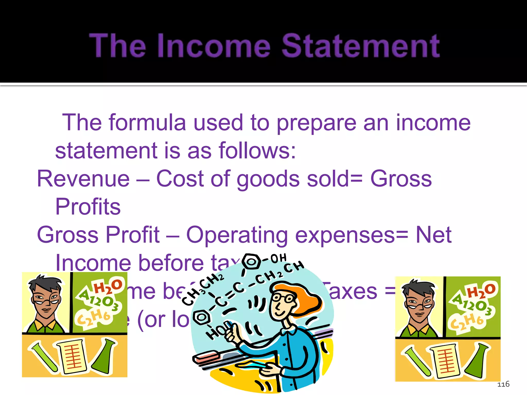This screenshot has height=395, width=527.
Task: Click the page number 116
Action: tap(503, 384)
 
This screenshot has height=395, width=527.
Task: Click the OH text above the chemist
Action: tap(278, 258)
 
